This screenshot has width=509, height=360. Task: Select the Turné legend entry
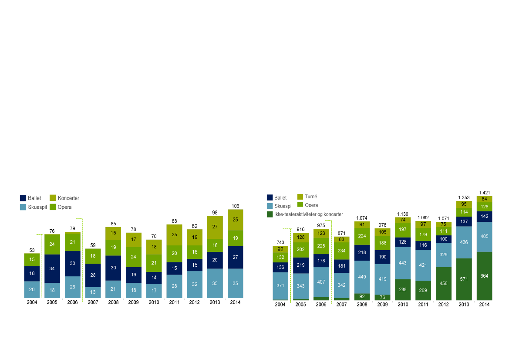[311, 197]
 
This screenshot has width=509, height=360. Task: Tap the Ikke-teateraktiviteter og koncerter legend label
[308, 214]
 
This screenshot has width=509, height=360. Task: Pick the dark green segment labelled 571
[464, 279]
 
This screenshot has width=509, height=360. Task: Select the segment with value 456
[443, 283]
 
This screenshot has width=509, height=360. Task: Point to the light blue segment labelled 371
[280, 285]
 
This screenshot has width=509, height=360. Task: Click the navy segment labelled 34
[52, 268]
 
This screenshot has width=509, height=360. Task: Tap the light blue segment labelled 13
[93, 292]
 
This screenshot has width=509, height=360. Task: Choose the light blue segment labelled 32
[195, 284]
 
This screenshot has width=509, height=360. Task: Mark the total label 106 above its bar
[235, 206]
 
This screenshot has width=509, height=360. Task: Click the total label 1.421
[484, 193]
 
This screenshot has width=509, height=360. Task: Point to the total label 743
[280, 242]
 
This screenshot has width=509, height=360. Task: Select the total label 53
[32, 250]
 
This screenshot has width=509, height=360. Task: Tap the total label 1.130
[403, 214]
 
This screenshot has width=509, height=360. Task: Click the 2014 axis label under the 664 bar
[484, 304]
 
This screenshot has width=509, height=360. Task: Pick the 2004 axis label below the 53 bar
[32, 302]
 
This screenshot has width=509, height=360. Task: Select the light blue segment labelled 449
[362, 277]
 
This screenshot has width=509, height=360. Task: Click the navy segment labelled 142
[484, 217]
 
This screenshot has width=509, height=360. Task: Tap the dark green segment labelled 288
[403, 289]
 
